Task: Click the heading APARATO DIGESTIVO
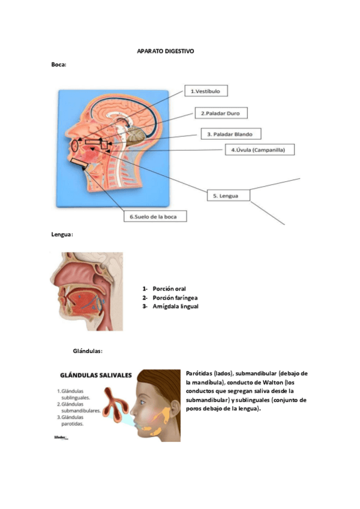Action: [166, 52]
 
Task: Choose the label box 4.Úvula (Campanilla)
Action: [259, 150]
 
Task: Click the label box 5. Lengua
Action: [228, 196]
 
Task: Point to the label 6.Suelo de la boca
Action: [155, 216]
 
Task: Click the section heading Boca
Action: [59, 64]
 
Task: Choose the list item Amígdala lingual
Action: [175, 306]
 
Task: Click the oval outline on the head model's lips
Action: [74, 145]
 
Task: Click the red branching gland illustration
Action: [114, 402]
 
